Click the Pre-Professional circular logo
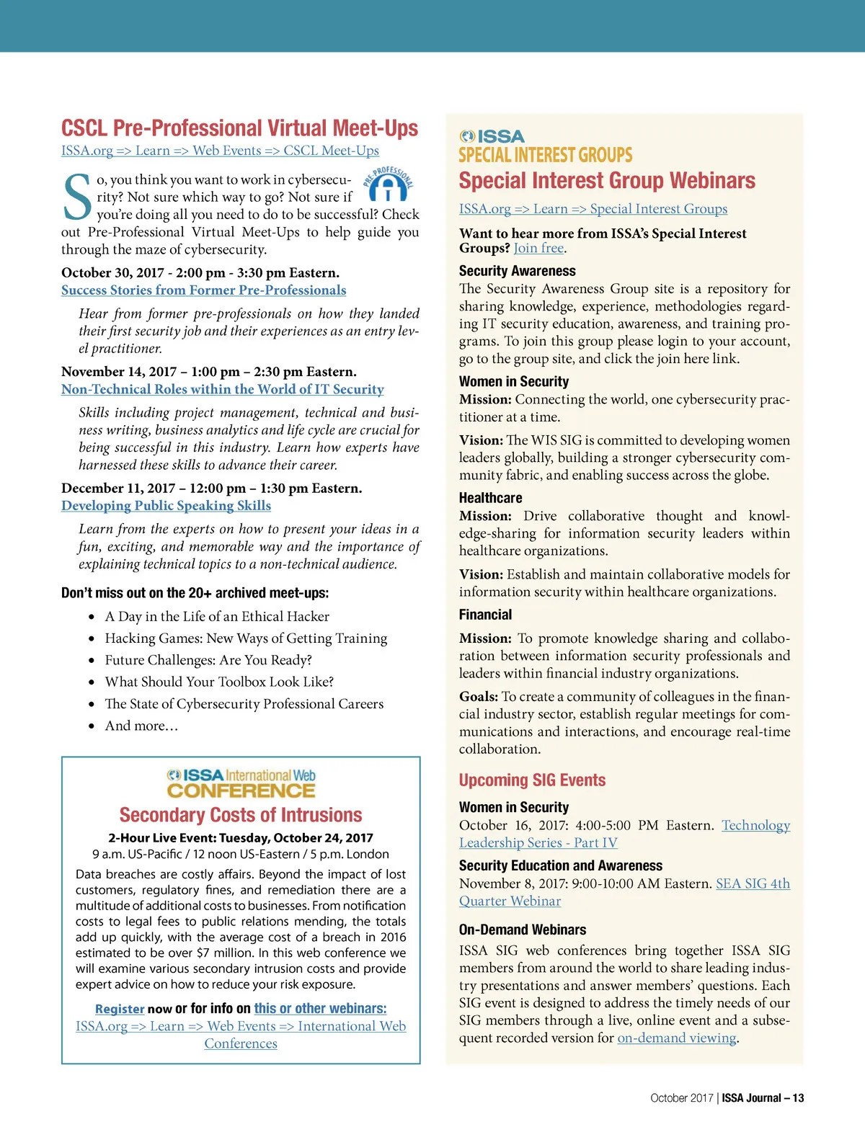(388, 184)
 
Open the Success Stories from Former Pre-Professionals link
(203, 290)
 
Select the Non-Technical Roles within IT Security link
(222, 389)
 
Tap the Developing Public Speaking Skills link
(166, 506)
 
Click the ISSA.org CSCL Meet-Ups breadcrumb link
(220, 151)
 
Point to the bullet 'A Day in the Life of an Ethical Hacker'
(217, 617)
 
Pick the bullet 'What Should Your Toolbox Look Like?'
(219, 682)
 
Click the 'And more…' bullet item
(141, 726)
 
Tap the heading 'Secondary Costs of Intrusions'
(241, 815)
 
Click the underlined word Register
(120, 1010)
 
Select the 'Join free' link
(538, 249)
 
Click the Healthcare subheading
(490, 498)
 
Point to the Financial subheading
(485, 615)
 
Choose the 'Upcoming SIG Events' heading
(532, 780)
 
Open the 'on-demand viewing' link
(677, 1038)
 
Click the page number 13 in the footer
(798, 1098)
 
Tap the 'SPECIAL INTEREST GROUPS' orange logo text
(545, 155)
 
